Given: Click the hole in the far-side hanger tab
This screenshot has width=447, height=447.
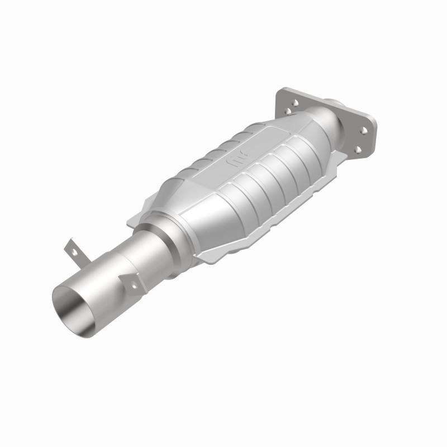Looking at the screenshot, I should (72, 250).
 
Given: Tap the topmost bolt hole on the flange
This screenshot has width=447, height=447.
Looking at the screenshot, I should (293, 103).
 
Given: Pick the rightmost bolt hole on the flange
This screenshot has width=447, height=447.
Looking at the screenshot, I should (364, 130).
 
